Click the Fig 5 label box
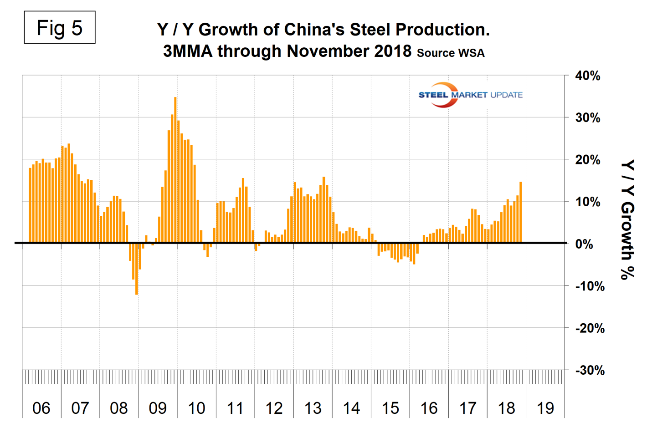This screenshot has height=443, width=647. point(60,28)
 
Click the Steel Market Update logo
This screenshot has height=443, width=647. point(470,95)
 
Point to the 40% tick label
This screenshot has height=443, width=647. point(588,76)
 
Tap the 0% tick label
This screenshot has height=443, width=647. point(584,244)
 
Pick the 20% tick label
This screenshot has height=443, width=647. point(588,160)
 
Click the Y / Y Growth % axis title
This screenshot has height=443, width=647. point(628,219)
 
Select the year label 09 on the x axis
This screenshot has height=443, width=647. point(158,408)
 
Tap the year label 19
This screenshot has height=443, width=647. point(545,408)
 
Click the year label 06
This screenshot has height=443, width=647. point(41,408)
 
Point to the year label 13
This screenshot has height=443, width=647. point(313,408)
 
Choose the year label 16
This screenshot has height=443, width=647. point(429,408)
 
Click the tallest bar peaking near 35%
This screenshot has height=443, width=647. point(175,169)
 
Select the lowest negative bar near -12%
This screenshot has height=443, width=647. point(137,269)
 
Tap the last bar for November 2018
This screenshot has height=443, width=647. point(521,212)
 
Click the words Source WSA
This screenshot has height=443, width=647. point(451,53)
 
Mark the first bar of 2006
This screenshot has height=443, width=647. point(30,205)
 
